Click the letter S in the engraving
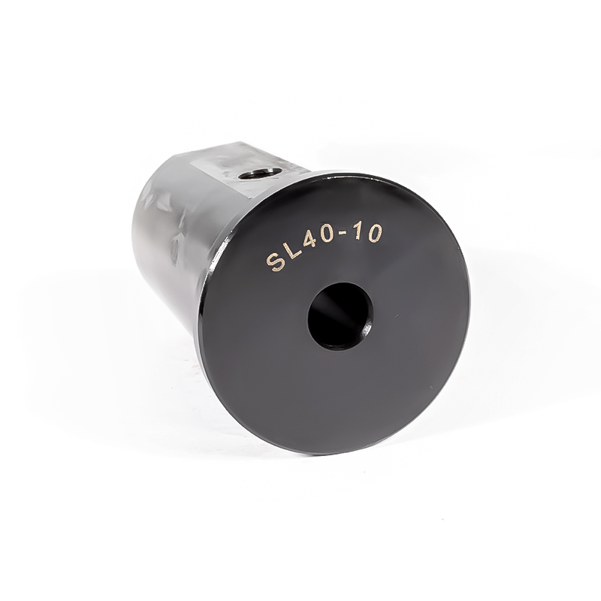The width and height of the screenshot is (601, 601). pos(276,261)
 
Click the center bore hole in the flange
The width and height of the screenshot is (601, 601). pos(341,316)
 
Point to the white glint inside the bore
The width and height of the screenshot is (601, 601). pos(367,328)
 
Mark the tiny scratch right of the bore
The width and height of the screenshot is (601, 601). pos(396,316)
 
